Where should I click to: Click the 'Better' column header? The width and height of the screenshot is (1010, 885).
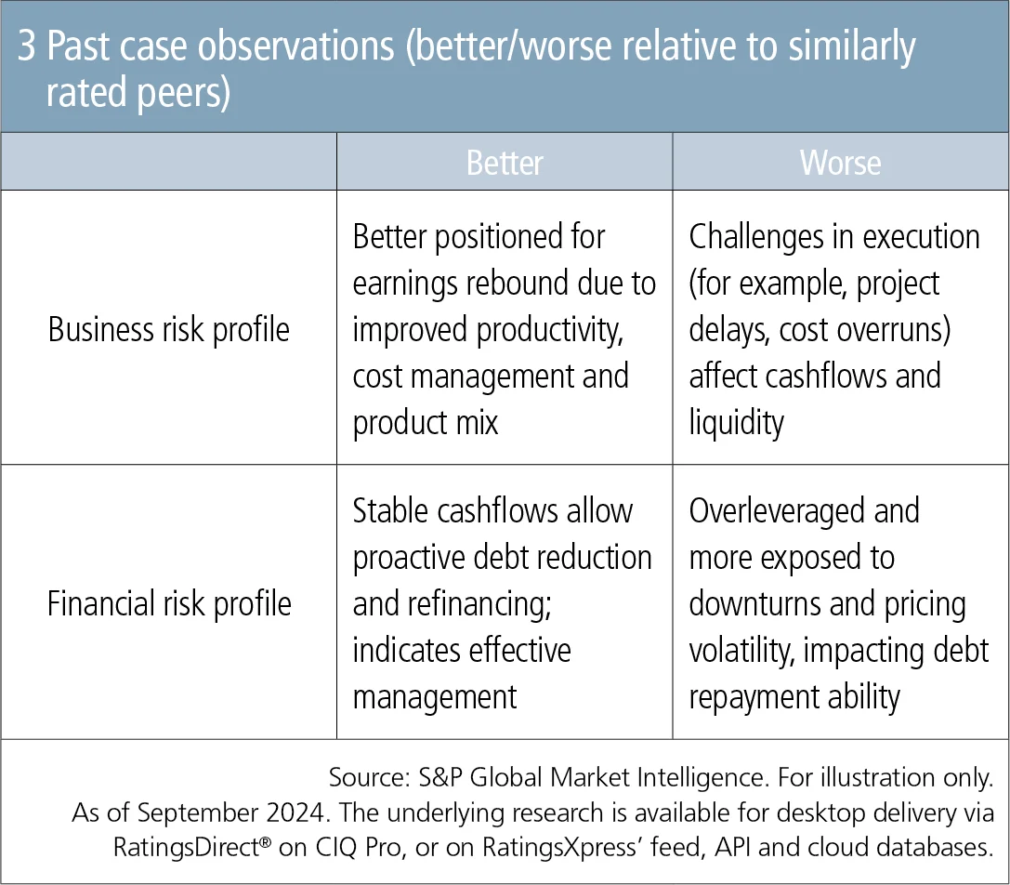[505, 163]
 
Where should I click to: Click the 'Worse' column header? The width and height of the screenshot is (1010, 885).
[840, 163]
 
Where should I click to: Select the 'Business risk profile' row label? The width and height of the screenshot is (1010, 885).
[169, 330]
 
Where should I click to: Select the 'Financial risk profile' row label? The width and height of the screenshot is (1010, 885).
[169, 604]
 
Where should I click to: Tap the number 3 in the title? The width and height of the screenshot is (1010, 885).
[26, 46]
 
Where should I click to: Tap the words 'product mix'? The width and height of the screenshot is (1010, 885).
[426, 424]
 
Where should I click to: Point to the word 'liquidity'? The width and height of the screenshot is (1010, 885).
[736, 424]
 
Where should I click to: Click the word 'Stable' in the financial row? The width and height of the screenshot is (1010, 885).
[390, 510]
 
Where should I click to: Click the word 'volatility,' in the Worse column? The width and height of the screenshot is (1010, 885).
[742, 651]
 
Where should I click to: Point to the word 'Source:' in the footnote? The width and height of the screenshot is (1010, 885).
[369, 777]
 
